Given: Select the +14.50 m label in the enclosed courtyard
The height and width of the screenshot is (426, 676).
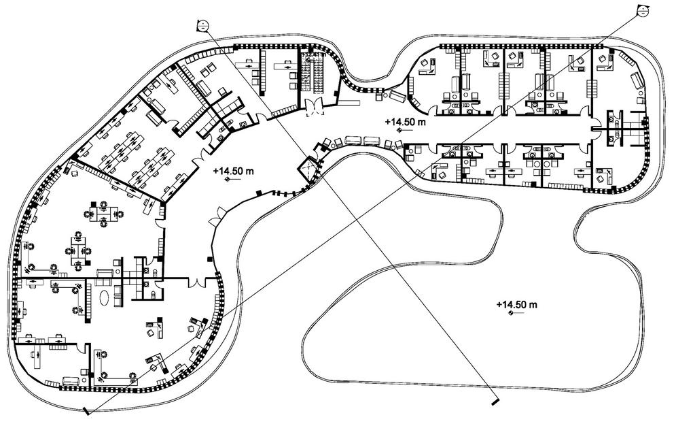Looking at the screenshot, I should (516, 304).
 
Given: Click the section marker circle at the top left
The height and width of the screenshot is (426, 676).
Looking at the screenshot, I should (202, 26).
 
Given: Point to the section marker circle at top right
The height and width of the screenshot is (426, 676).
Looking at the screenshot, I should (641, 9).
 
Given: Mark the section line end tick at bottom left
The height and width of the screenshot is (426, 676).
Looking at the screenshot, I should (86, 412).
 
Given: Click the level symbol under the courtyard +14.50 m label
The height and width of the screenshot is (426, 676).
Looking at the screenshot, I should (510, 314).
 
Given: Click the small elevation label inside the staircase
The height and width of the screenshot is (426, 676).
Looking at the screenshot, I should (315, 54).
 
